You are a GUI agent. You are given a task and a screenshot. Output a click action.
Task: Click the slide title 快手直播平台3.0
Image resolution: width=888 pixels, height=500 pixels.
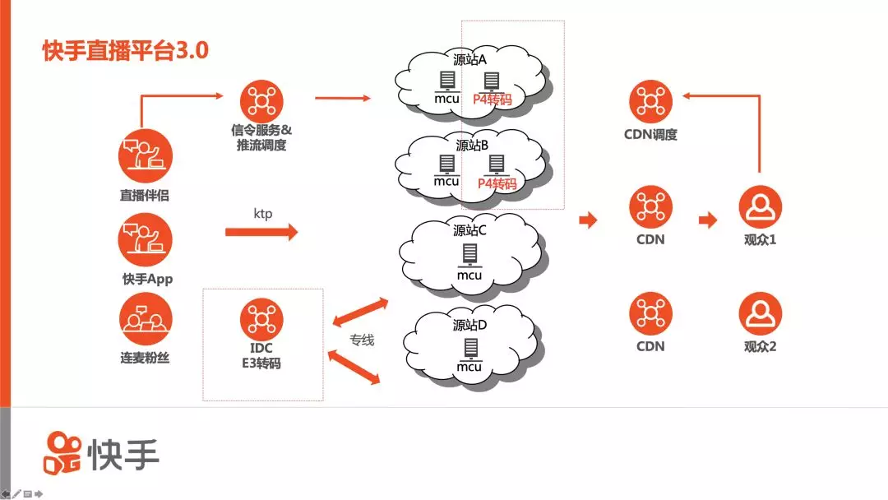[126, 51]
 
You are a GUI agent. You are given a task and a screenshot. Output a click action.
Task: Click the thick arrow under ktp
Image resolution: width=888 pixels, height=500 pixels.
[261, 233]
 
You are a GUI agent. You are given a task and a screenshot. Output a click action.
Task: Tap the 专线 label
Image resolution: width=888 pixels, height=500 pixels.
[362, 340]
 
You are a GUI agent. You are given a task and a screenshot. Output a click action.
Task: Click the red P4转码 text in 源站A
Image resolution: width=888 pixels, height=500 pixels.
[493, 100]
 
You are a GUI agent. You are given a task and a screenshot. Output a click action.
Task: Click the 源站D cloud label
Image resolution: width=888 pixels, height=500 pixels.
[470, 326]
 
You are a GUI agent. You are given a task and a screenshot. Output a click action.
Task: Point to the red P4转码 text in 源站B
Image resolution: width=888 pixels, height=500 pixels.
[494, 183]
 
